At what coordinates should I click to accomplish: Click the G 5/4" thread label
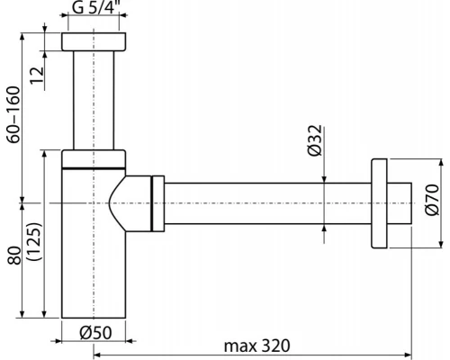pyautogui.click(x=94, y=12)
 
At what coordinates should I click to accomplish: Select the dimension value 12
pyautogui.click(x=36, y=75)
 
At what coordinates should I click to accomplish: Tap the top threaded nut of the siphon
pyautogui.click(x=94, y=42)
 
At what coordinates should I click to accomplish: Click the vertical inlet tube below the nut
pyautogui.click(x=94, y=99)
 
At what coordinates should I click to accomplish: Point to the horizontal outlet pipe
pyautogui.click(x=261, y=206)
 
